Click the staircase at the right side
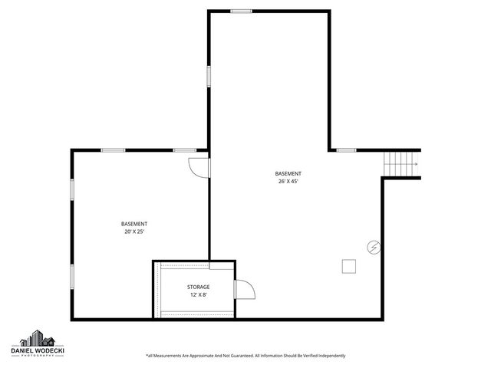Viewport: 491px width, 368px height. (x=400, y=163)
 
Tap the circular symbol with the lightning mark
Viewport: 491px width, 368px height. (x=374, y=247)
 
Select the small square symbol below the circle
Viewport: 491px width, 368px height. (x=350, y=265)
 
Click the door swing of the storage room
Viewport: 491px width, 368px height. (x=244, y=290)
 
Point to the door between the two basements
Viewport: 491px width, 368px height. (x=199, y=166)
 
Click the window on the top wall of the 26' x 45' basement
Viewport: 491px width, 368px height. (x=241, y=11)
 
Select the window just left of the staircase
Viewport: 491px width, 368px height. (x=347, y=149)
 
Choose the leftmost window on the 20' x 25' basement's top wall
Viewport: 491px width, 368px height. (x=114, y=149)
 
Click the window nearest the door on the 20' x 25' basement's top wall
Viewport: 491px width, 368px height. (x=184, y=149)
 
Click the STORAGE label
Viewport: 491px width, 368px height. (x=199, y=287)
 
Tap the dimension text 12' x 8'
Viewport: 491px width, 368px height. (x=199, y=294)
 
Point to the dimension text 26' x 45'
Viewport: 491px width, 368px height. (x=289, y=182)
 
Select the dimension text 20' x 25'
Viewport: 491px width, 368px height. (x=134, y=231)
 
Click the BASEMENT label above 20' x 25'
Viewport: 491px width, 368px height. (x=134, y=223)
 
